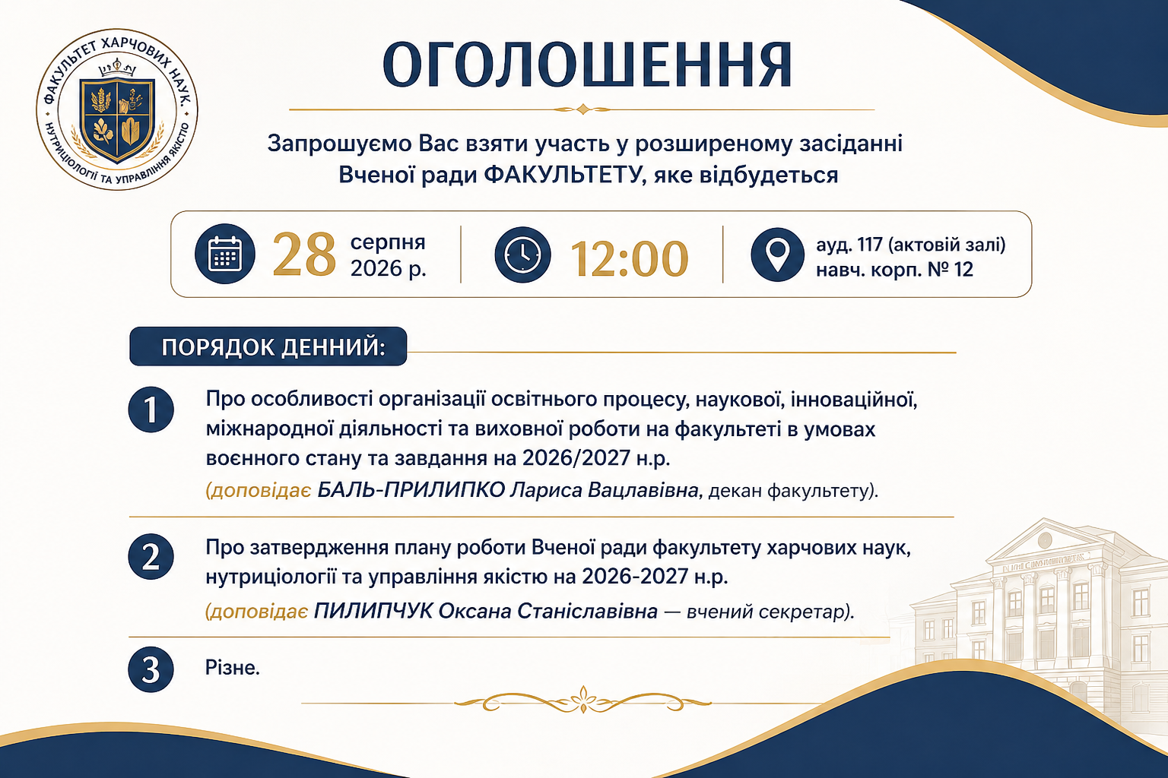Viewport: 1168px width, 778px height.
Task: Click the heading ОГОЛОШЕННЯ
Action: point(588,65)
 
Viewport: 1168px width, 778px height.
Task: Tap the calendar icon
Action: point(225,254)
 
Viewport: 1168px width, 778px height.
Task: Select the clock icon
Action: point(522,255)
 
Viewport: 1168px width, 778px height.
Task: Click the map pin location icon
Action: point(777,255)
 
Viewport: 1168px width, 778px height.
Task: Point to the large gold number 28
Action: point(304,255)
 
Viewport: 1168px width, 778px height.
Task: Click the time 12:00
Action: point(630,258)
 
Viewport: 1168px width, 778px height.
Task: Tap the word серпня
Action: point(388,242)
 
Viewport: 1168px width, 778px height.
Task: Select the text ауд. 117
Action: point(849,245)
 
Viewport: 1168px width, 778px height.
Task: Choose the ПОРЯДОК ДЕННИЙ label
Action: point(273,347)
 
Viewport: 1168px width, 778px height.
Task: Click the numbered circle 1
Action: point(151,410)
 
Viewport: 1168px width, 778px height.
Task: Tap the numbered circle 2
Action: point(151,557)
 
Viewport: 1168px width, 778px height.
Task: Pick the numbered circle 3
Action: point(151,669)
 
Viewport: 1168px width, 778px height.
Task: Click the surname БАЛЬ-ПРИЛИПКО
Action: point(411,490)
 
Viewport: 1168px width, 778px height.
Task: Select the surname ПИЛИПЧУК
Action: point(373,611)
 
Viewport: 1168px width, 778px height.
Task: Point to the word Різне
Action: point(233,668)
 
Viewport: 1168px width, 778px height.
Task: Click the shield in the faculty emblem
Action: point(117,119)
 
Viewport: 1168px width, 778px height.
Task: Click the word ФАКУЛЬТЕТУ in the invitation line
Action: point(561,175)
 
